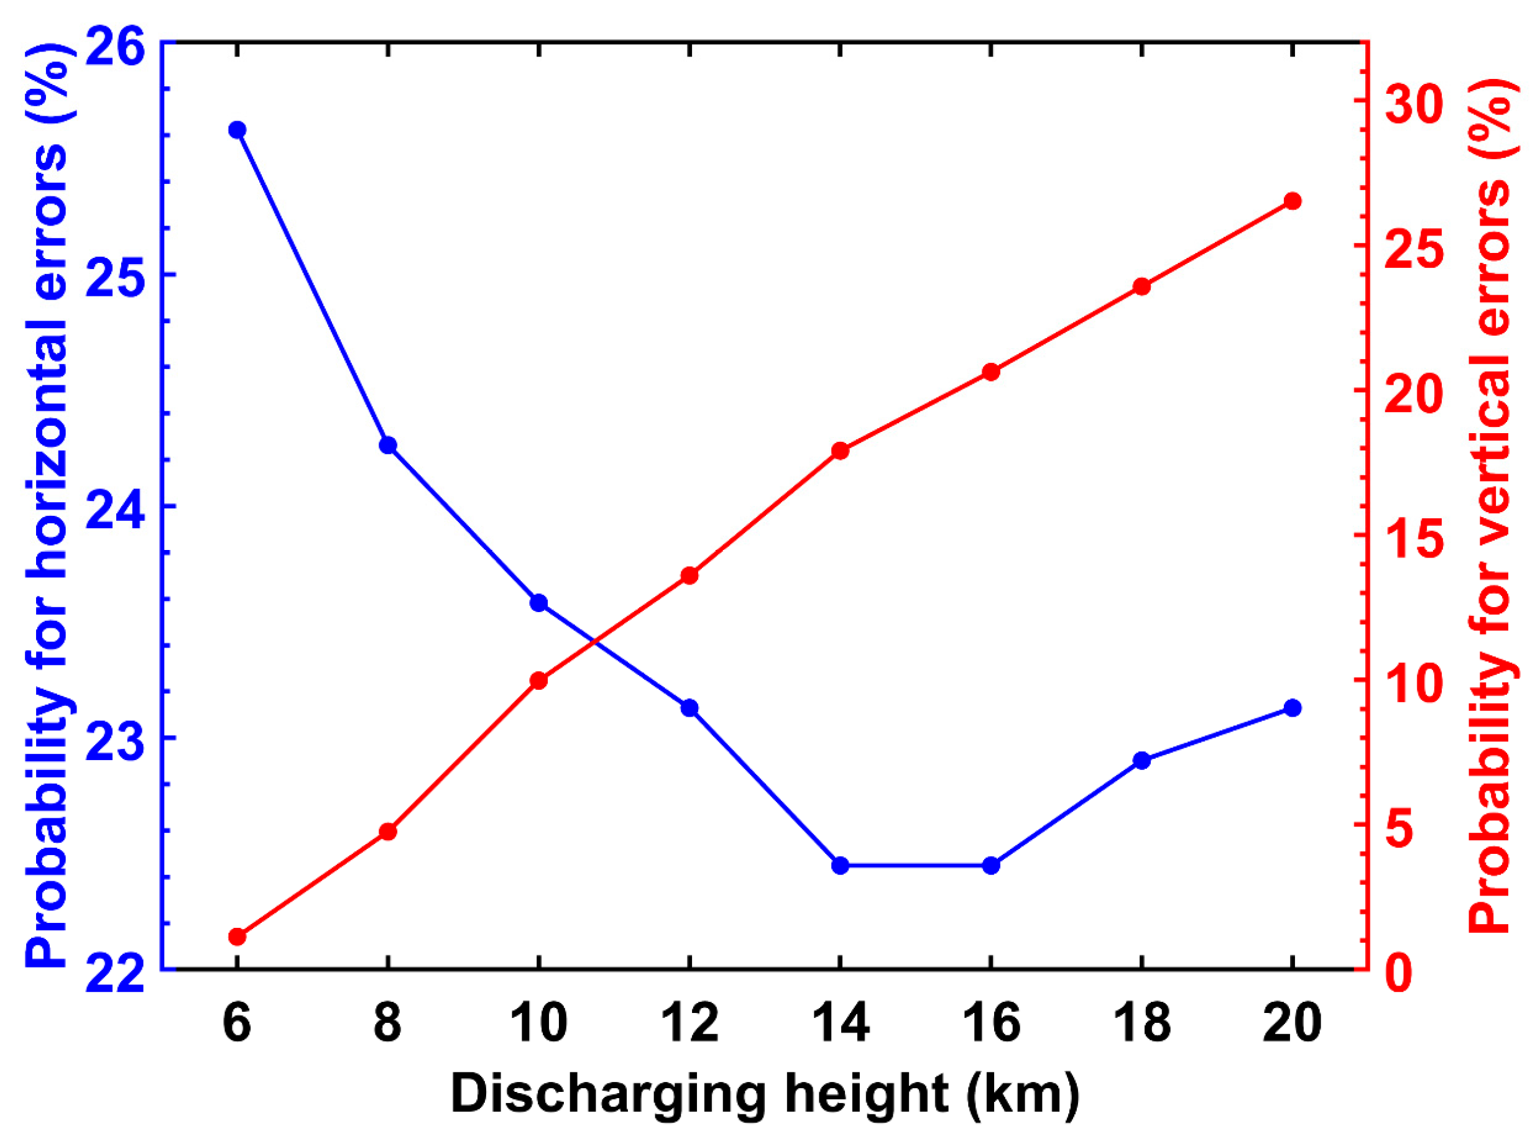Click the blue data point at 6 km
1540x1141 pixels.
(x=237, y=130)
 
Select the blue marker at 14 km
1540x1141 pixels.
(x=840, y=866)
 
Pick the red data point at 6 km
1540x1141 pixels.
(x=237, y=937)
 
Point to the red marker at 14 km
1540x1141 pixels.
(x=840, y=451)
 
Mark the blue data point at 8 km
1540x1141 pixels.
(x=387, y=445)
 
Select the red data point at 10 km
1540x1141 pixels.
(x=539, y=681)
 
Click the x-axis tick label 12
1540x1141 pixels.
(x=689, y=1024)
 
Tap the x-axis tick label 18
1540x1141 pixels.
(x=1141, y=1024)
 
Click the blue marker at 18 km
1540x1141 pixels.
(x=1141, y=761)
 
